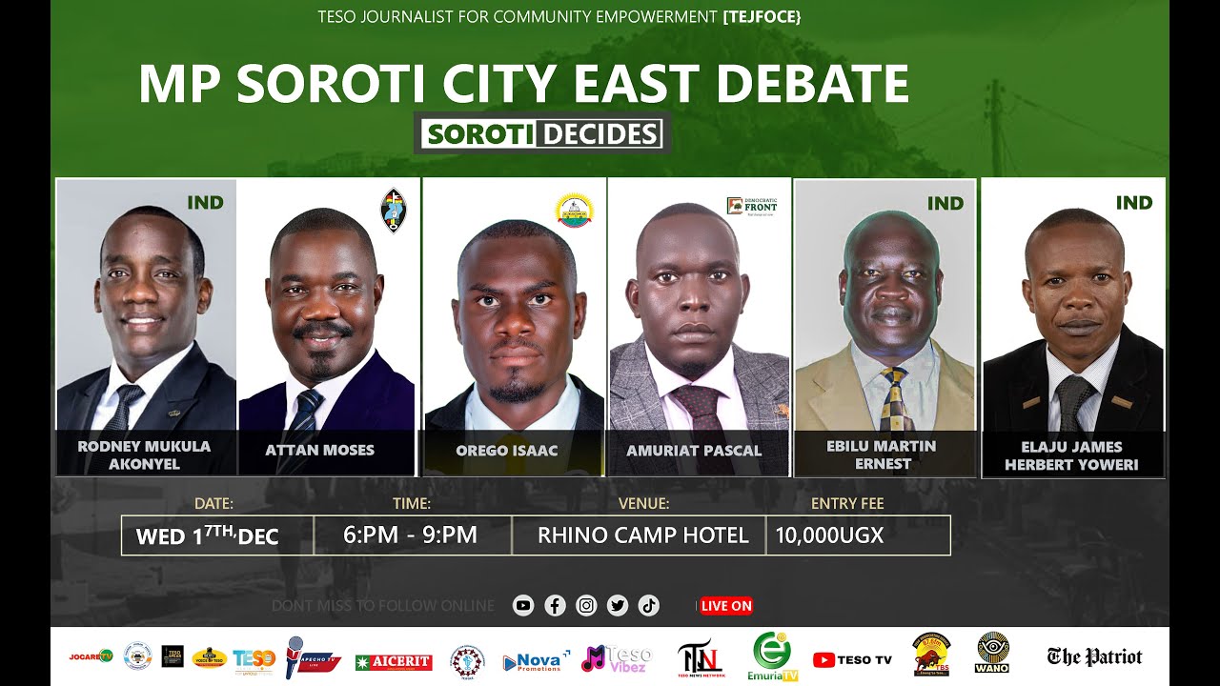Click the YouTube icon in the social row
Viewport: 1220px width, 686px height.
[x=523, y=605]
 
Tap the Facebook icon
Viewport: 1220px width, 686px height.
[x=555, y=605]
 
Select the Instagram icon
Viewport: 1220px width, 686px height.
[x=586, y=605]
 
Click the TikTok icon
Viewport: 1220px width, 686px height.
[x=648, y=605]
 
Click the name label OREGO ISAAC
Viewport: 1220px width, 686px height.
[x=507, y=451]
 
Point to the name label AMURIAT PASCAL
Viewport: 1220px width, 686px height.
[x=694, y=451]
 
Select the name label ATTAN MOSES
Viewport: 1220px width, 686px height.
[x=320, y=450]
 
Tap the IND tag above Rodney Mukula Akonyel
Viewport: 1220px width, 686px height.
[x=205, y=202]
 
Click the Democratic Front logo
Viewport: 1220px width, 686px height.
[x=752, y=206]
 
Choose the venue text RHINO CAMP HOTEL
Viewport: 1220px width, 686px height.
[x=643, y=535]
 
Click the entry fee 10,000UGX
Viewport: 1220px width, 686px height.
[x=829, y=535]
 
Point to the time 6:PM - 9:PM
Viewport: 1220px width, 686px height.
[x=410, y=535]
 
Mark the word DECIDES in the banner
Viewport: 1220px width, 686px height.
[x=601, y=134]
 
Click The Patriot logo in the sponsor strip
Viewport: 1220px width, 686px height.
[x=1094, y=656]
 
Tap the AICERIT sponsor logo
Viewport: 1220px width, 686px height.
[x=394, y=662]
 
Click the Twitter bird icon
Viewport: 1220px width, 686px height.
[x=618, y=605]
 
